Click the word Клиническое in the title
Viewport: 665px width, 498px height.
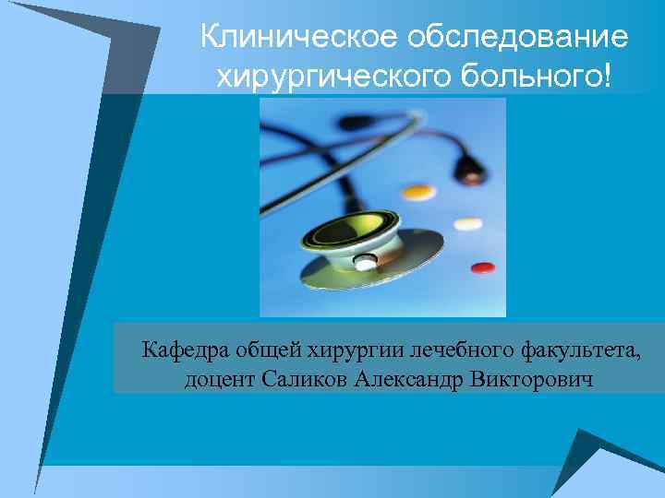tap(287, 38)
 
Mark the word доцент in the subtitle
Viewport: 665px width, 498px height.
tap(216, 379)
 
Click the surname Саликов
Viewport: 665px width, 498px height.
tap(300, 378)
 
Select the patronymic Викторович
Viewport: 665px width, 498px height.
tap(531, 379)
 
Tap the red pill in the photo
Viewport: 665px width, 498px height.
tap(482, 268)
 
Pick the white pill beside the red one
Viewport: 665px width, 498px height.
tap(468, 223)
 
